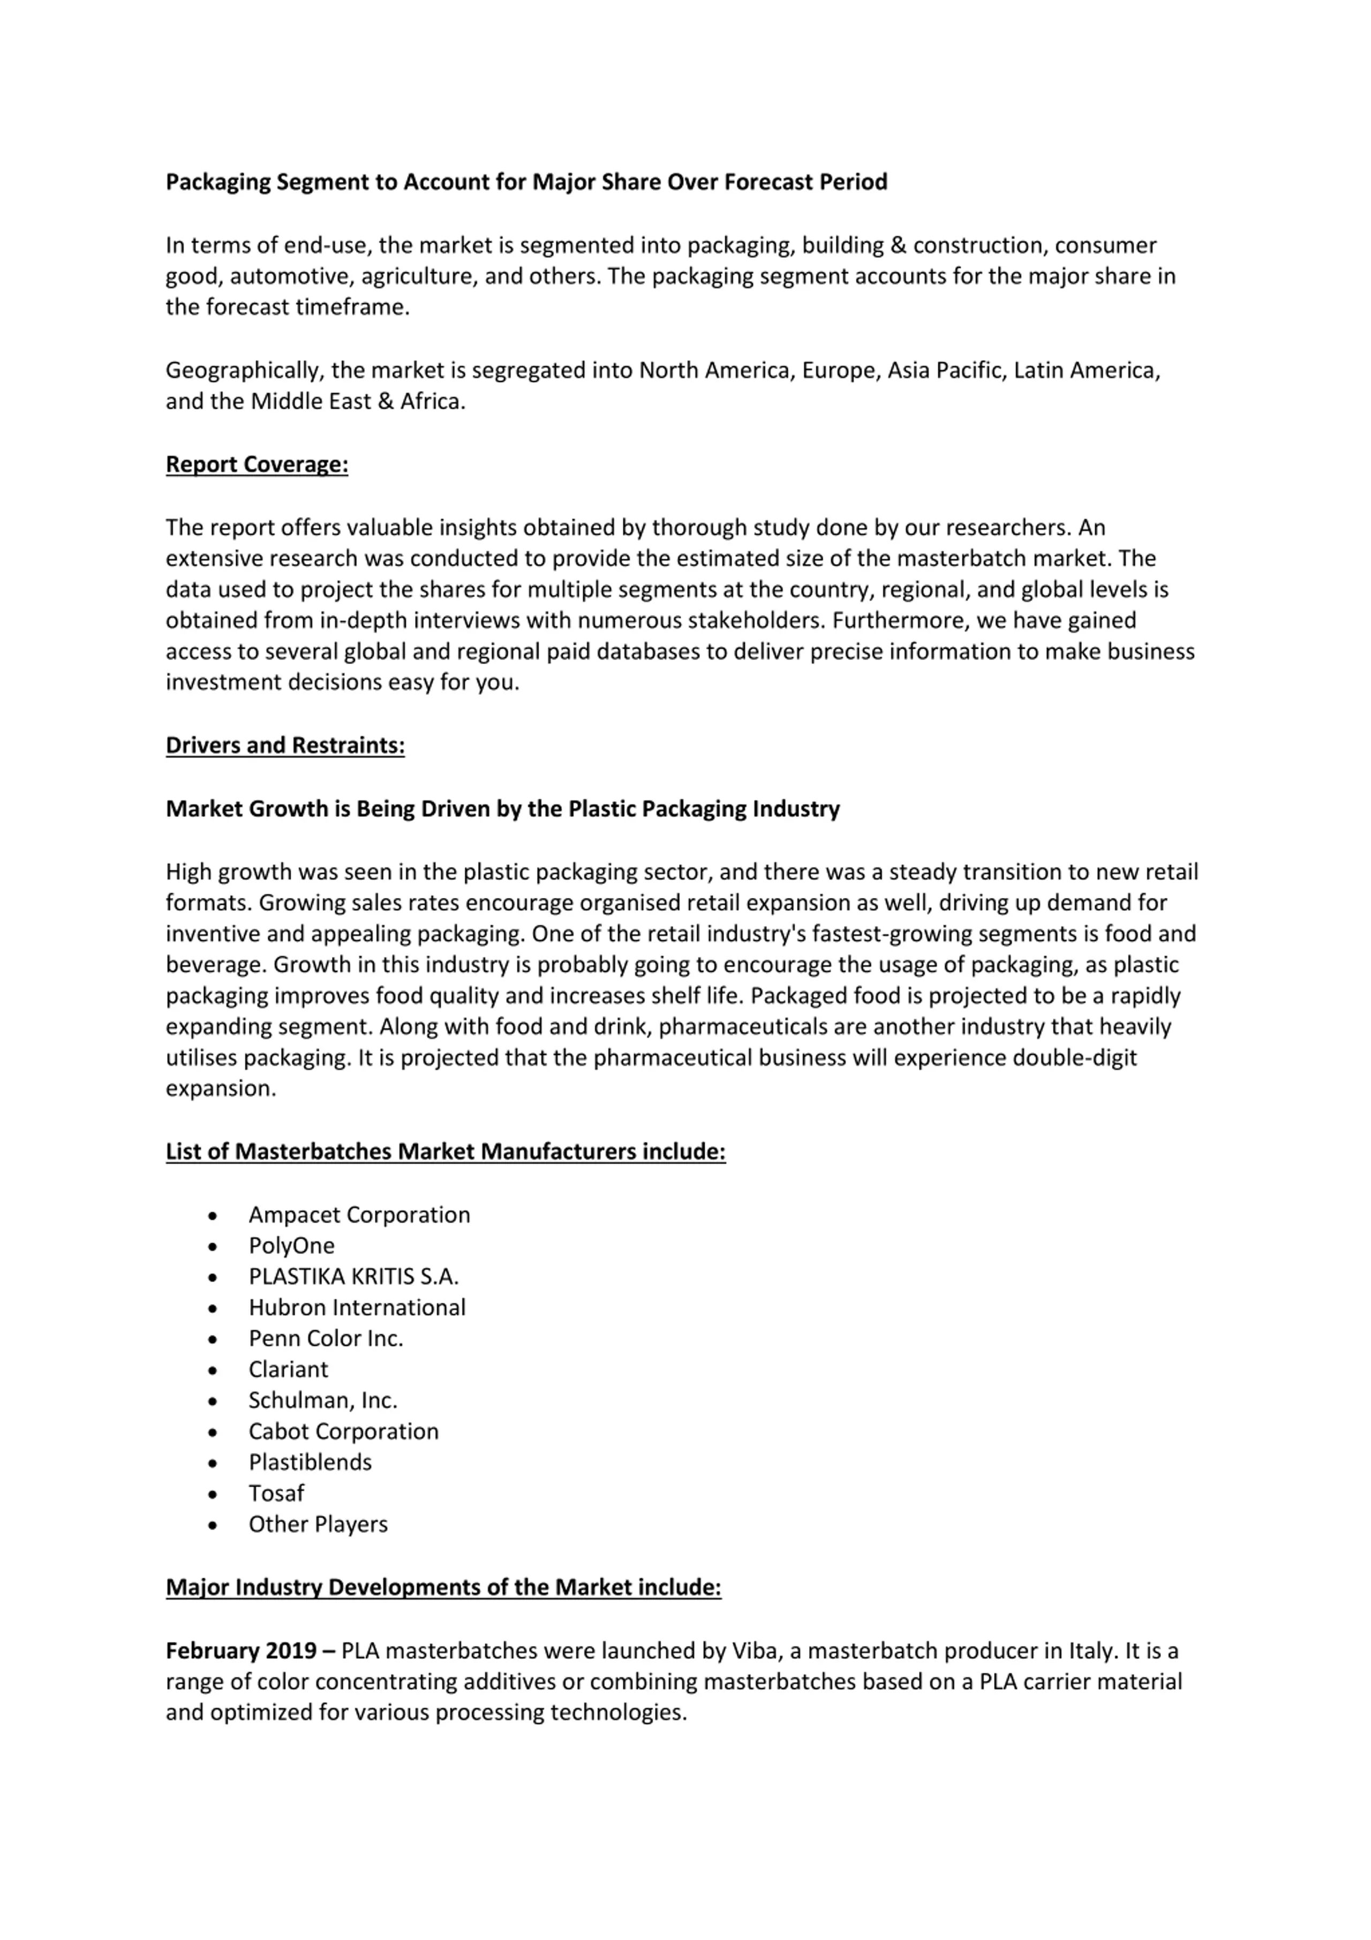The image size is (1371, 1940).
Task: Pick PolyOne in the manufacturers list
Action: pyautogui.click(x=291, y=1246)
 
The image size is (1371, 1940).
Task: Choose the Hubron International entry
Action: pyautogui.click(x=357, y=1307)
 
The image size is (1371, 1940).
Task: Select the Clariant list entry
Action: pyautogui.click(x=288, y=1369)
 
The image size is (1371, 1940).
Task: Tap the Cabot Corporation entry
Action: pyautogui.click(x=343, y=1432)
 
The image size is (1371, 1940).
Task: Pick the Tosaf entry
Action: pyautogui.click(x=276, y=1493)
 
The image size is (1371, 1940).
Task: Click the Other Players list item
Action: pyautogui.click(x=318, y=1524)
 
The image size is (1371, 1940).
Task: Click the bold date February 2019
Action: pyautogui.click(x=241, y=1650)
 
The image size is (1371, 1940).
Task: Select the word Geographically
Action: pyautogui.click(x=244, y=371)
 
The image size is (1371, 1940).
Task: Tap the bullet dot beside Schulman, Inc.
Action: pyautogui.click(x=212, y=1401)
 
